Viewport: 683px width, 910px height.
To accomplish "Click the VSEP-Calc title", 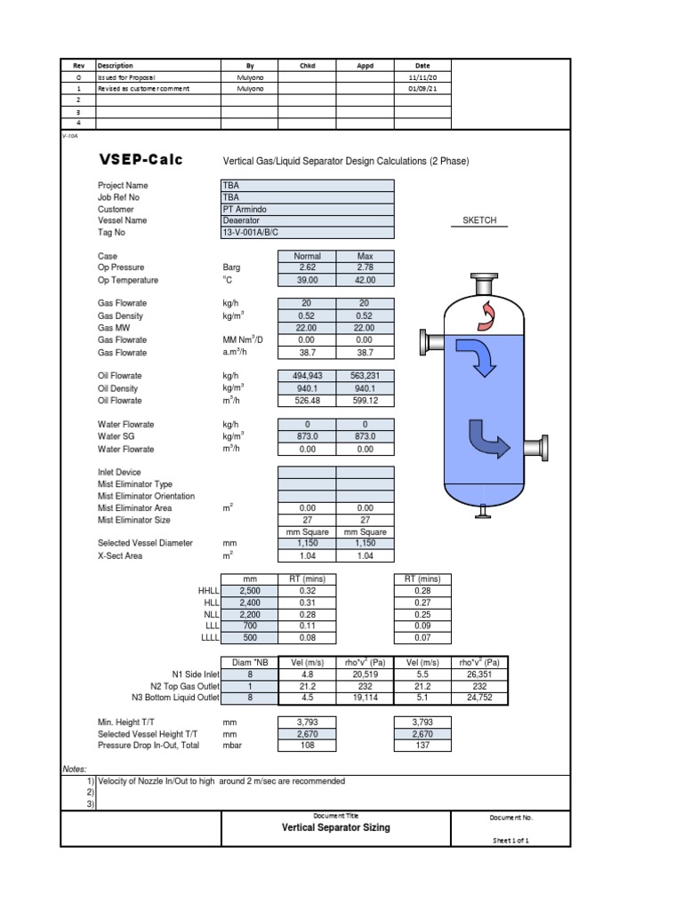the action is click(x=141, y=160).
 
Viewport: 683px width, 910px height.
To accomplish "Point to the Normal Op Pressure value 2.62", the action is click(x=307, y=267).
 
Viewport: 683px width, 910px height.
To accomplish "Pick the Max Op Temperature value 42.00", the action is click(x=365, y=280).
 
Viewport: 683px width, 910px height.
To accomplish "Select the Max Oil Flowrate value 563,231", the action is click(x=365, y=376).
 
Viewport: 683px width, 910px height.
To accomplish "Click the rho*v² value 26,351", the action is click(x=478, y=674).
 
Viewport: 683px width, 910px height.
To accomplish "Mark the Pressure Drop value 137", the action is click(x=422, y=746).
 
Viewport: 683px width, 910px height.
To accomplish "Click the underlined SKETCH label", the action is click(x=478, y=220).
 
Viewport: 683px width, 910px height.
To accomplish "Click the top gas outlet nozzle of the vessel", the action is click(x=484, y=283).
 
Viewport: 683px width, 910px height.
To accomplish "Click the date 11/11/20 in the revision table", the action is click(x=422, y=77).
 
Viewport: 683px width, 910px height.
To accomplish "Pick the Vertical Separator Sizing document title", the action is click(x=335, y=827).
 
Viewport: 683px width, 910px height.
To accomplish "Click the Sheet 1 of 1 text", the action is click(x=511, y=840).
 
